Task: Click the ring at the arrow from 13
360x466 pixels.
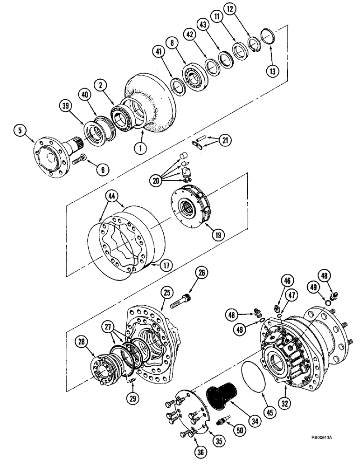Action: click(x=267, y=35)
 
